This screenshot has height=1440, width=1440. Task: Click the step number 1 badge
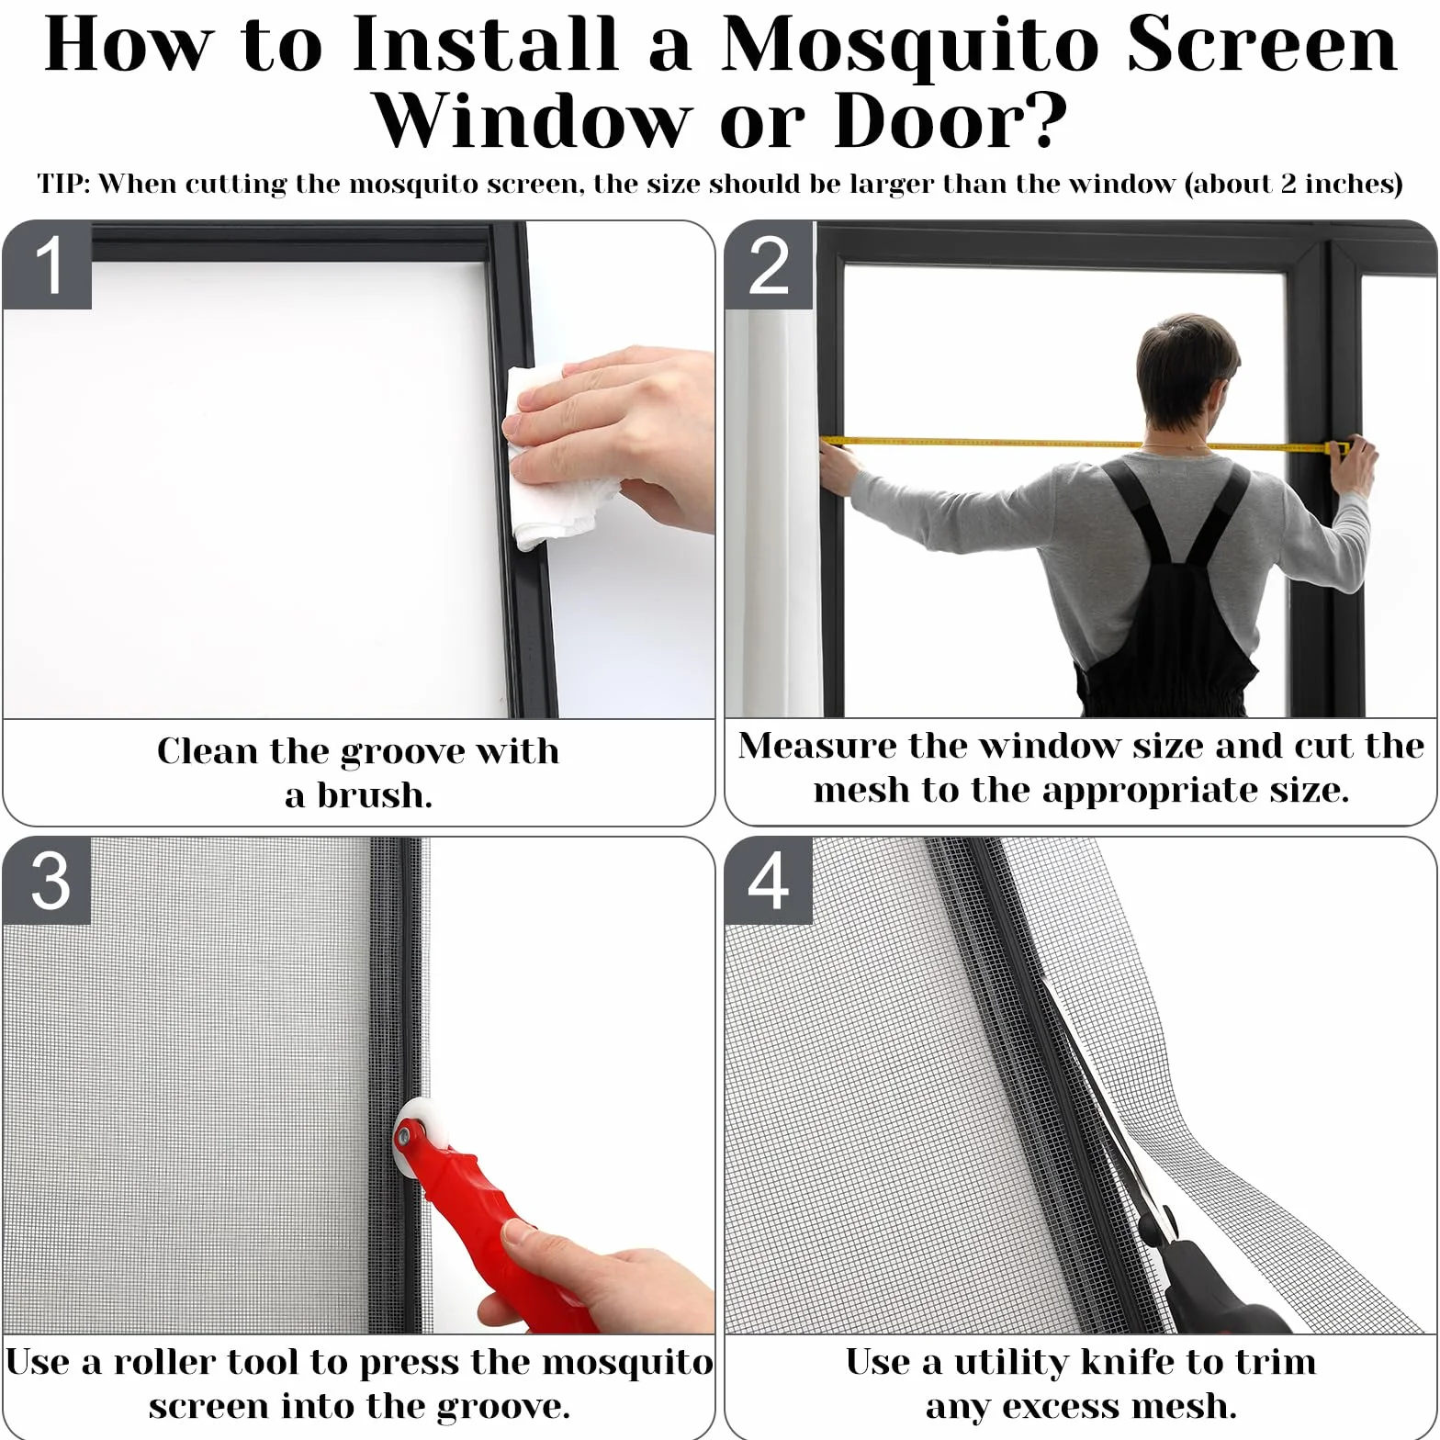point(47,264)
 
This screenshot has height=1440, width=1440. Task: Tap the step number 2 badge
point(769,264)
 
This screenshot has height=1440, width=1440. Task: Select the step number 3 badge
point(47,880)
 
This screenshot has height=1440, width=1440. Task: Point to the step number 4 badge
point(769,880)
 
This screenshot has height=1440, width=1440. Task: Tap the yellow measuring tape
point(1084,444)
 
